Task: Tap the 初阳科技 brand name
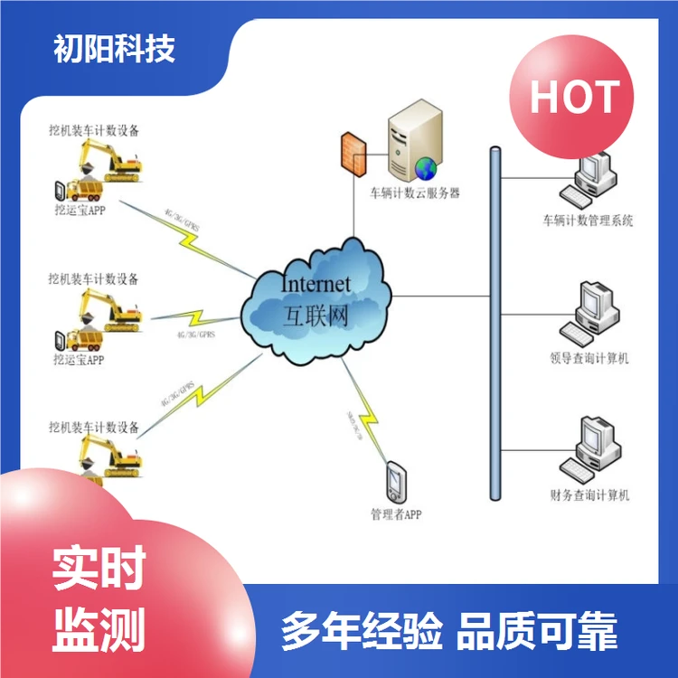click(115, 48)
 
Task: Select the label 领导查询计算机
click(589, 359)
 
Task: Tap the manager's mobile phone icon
click(395, 483)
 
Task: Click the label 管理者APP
click(396, 515)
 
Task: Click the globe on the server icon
click(426, 168)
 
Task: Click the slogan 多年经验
click(362, 630)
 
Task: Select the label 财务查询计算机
click(589, 495)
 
